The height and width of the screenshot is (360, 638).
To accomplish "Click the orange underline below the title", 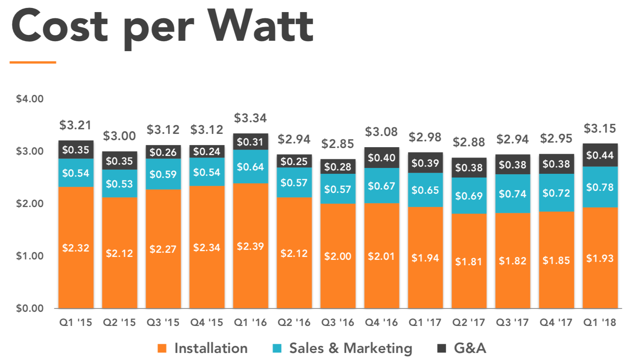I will pyautogui.click(x=33, y=62).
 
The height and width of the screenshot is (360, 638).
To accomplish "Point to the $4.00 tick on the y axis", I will pyautogui.click(x=30, y=99).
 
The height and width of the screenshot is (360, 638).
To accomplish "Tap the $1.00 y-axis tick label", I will pyautogui.click(x=30, y=256).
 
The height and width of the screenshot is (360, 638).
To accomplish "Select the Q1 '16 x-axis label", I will pyautogui.click(x=250, y=323).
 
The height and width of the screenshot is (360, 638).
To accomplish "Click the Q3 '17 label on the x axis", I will pyautogui.click(x=512, y=323).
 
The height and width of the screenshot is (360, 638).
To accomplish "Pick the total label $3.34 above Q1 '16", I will pyautogui.click(x=250, y=118).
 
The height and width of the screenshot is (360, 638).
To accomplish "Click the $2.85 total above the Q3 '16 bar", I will pyautogui.click(x=338, y=144).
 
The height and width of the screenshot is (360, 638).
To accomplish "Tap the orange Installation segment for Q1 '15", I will pyautogui.click(x=76, y=248).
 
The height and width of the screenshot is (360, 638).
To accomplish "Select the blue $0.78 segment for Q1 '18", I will pyautogui.click(x=600, y=187).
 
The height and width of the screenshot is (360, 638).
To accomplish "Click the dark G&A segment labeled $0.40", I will pyautogui.click(x=381, y=158).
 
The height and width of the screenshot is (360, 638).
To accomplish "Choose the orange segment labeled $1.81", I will pyautogui.click(x=469, y=261).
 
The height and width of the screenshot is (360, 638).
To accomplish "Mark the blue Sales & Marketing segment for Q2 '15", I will pyautogui.click(x=119, y=184).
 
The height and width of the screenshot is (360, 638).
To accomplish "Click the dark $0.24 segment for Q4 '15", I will pyautogui.click(x=207, y=151).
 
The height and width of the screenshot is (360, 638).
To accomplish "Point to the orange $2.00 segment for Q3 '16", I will pyautogui.click(x=338, y=256).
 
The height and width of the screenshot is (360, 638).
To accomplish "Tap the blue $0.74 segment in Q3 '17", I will pyautogui.click(x=512, y=194).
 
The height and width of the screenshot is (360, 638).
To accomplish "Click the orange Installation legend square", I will pyautogui.click(x=162, y=348).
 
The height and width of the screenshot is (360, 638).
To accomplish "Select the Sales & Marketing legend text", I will pyautogui.click(x=350, y=348).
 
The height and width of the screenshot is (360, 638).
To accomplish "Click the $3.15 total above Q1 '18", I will pyautogui.click(x=600, y=128).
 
